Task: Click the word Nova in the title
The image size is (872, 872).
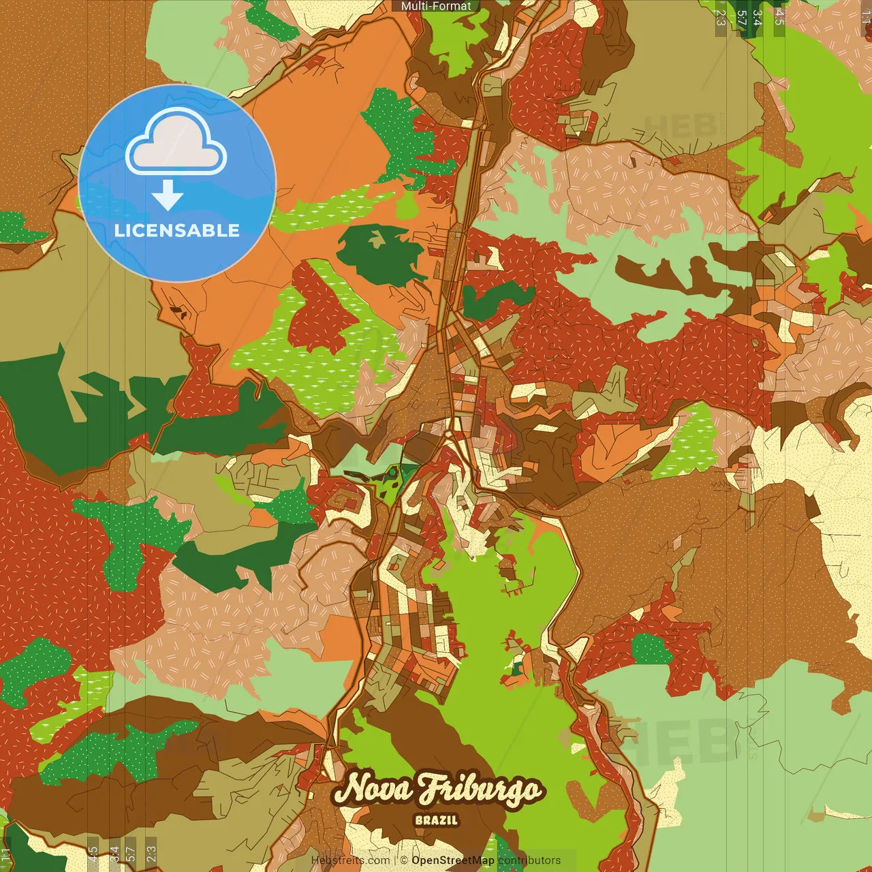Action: click(x=373, y=789)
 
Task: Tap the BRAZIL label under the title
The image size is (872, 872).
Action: click(x=436, y=820)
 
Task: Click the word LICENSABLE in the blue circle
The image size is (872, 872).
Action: click(x=177, y=230)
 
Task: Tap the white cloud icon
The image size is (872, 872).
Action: click(x=176, y=141)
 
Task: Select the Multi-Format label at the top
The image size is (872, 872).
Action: click(x=436, y=6)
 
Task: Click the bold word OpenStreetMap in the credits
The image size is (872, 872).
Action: click(x=452, y=860)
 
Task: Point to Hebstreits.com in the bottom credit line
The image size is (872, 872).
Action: click(x=350, y=860)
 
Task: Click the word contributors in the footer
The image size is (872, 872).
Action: click(x=529, y=860)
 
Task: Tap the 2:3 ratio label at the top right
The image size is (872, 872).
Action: click(x=720, y=17)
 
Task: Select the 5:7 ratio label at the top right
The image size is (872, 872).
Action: click(x=741, y=17)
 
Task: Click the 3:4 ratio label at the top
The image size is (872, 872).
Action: click(x=757, y=17)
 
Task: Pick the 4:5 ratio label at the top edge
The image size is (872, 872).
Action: click(x=779, y=17)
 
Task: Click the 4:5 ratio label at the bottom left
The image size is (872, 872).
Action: click(x=93, y=854)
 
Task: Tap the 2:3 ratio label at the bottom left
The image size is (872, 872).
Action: click(x=151, y=854)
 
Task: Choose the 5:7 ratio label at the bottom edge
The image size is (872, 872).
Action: click(x=130, y=854)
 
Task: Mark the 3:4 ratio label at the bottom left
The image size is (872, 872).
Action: click(x=114, y=854)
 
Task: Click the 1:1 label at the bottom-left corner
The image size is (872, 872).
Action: click(x=5, y=855)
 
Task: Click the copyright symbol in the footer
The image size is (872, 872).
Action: click(x=404, y=860)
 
